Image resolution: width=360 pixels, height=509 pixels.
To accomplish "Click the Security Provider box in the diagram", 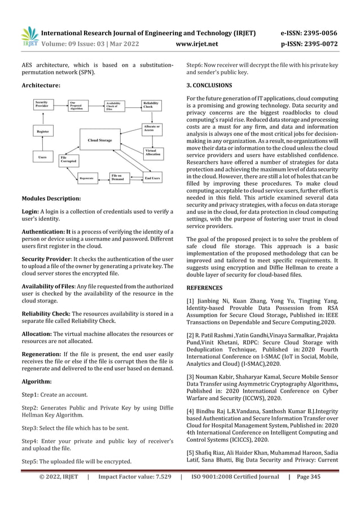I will coord(45,104).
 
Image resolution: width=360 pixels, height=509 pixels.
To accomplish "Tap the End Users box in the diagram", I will coord(151,178).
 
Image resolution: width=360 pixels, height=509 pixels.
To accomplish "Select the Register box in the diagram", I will coord(42,131).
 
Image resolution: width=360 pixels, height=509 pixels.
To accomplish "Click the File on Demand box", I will coord(117,177).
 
